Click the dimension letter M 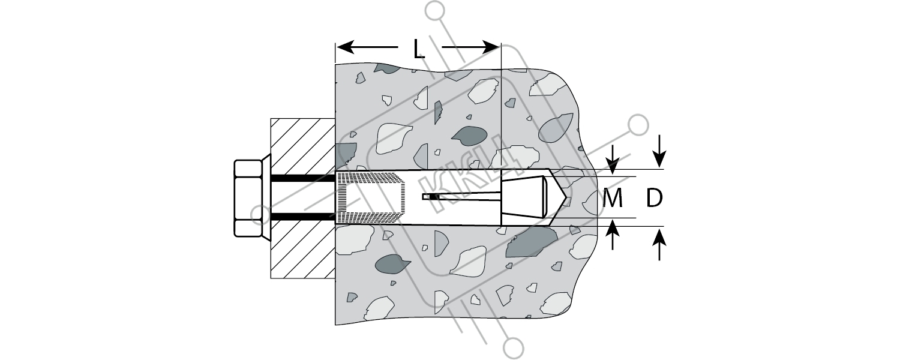613,197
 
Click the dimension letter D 654,197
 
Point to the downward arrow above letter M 613,160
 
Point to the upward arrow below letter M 613,235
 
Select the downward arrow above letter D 659,152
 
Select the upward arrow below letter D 659,244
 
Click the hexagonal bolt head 247,198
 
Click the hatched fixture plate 303,199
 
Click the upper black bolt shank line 303,178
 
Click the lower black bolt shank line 303,217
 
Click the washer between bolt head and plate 266,198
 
